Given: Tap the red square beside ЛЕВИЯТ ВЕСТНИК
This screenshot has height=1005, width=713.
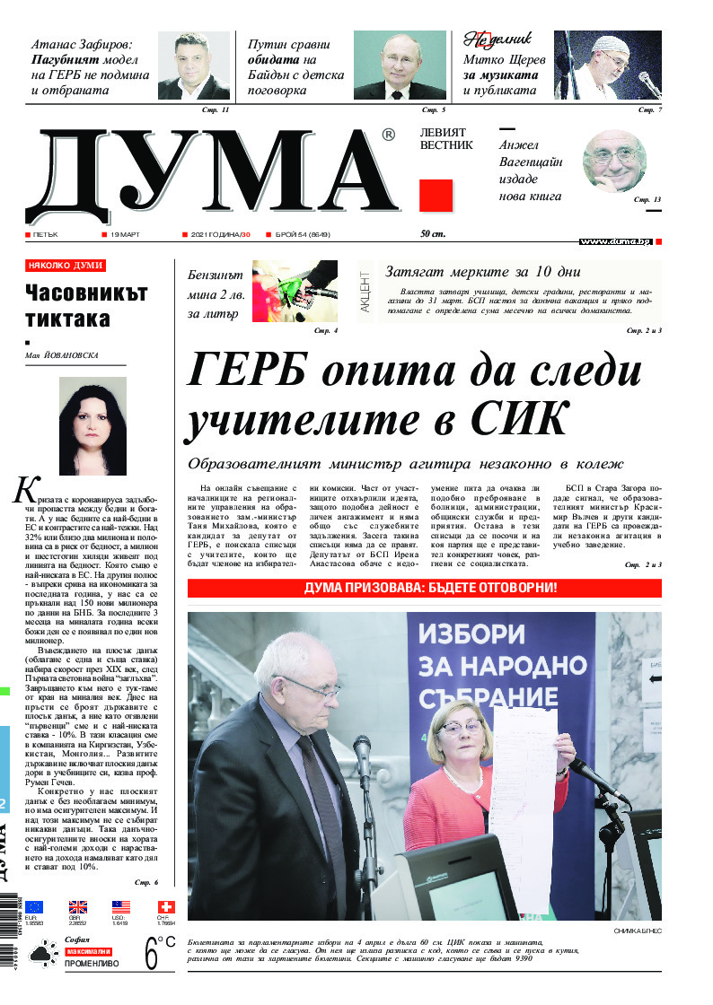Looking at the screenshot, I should (x=436, y=195).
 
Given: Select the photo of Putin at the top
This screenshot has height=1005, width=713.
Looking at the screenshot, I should (x=400, y=66).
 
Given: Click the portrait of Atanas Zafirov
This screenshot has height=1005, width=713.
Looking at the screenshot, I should (x=194, y=66).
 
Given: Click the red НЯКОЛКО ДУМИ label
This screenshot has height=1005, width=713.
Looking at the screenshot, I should (x=66, y=266).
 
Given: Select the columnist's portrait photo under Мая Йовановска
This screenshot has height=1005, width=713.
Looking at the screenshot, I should (x=92, y=425).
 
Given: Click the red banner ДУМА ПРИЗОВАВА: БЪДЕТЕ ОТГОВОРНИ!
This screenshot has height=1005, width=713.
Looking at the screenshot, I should (x=424, y=588).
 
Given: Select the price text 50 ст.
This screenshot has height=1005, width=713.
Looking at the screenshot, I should (x=433, y=235).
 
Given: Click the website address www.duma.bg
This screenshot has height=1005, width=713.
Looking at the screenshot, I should (x=615, y=241).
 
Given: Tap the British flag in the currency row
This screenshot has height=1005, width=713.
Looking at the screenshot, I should (x=78, y=907).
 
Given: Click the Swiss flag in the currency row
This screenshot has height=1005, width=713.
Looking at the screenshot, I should (x=165, y=907).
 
